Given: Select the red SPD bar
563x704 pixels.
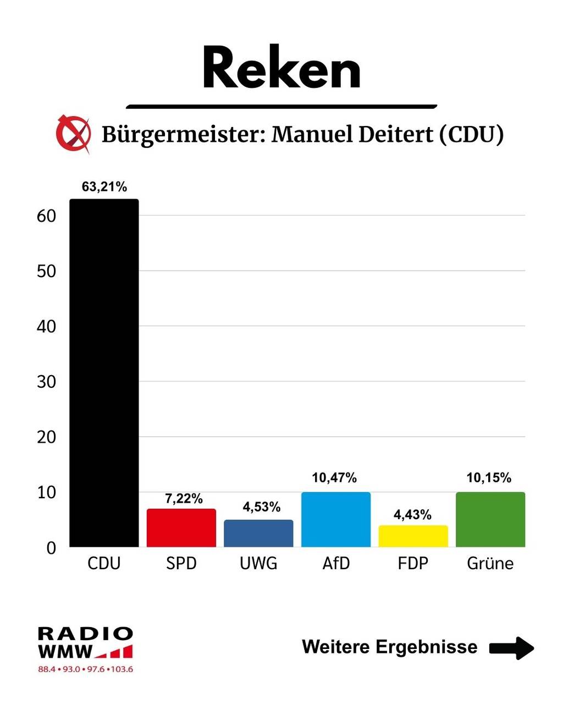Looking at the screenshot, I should (181, 528).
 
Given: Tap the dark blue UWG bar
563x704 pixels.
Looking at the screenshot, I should (258, 533).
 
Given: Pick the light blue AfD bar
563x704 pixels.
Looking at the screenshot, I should (336, 520).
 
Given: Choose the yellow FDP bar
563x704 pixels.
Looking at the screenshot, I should (413, 536).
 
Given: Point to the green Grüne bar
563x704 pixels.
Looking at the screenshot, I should (490, 520).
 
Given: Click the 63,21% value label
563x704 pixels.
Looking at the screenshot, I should (104, 187).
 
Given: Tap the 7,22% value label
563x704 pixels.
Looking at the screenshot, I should (184, 499).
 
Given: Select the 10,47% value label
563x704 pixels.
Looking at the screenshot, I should (334, 478).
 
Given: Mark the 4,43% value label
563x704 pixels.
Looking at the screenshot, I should (412, 515).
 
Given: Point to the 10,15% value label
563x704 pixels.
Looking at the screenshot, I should (489, 478).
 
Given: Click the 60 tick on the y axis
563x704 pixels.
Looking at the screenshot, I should (47, 216).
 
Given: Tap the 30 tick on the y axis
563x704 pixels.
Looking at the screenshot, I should (47, 382).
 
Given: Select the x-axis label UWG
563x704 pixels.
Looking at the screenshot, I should (258, 564).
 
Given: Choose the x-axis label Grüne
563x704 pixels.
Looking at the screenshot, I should (490, 564).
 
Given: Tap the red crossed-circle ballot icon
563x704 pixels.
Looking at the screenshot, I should (73, 134).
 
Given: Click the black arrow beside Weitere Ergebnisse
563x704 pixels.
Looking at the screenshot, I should (511, 647).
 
